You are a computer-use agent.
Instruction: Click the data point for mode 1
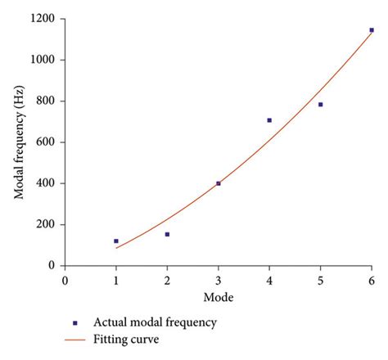[116, 241]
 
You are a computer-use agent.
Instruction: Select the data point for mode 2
[167, 235]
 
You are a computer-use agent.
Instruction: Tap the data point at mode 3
[219, 183]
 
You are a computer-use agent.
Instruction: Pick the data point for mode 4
[269, 120]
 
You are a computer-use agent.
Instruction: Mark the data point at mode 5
[321, 105]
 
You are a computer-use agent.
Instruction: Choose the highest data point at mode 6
[372, 30]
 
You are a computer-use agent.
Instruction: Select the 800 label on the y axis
[46, 101]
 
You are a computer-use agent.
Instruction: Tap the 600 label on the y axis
[46, 142]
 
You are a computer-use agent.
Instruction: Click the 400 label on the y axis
[46, 183]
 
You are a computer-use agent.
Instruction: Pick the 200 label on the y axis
[46, 225]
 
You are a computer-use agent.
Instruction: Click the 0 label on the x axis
[65, 280]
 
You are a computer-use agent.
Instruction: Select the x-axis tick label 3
[219, 280]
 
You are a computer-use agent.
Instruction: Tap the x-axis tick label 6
[372, 280]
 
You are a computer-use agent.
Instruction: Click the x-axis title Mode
[218, 297]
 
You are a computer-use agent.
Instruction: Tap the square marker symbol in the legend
[75, 323]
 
